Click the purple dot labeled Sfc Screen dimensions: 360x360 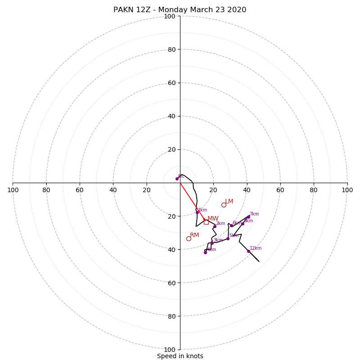coord(177,179)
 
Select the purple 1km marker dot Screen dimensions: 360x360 coord(197,212)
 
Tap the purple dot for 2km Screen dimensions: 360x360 coord(215,226)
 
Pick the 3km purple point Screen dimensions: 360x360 coord(212,243)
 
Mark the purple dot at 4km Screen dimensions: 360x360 coord(205,252)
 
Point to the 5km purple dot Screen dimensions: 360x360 coord(228,238)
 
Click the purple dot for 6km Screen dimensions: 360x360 coord(232,226)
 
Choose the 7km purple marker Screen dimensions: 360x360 coord(248,217)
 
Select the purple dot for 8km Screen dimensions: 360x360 coord(243,224)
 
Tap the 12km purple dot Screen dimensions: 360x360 coord(248,251)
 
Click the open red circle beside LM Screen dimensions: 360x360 coord(224,205)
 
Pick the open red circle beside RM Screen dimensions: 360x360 coord(189,238)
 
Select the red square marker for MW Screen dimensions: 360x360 coord(206,222)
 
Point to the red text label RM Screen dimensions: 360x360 coord(194,235)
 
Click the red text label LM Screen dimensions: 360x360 coord(229,202)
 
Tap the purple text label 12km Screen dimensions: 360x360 coord(256,248)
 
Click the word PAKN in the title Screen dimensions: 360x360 coord(122,10)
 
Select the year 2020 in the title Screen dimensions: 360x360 coord(237,10)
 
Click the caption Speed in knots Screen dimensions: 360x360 coord(180,356)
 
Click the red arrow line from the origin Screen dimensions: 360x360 coord(192,201)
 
